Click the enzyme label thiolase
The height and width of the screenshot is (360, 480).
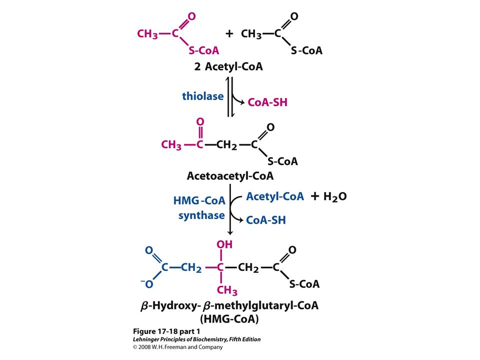[202, 96]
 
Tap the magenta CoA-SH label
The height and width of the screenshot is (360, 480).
[267, 102]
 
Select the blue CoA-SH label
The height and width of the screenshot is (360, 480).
[265, 220]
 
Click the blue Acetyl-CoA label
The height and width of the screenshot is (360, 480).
[275, 196]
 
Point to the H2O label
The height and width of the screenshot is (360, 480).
[335, 196]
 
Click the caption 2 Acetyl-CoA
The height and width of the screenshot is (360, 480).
[228, 66]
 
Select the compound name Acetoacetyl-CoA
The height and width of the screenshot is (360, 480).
[230, 176]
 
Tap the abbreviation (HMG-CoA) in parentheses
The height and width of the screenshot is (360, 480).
[229, 319]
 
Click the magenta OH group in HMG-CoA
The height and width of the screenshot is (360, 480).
[224, 244]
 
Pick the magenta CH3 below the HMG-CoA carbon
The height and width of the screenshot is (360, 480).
[227, 290]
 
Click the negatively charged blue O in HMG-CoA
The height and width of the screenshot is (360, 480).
[147, 284]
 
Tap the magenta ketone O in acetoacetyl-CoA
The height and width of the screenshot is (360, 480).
[200, 121]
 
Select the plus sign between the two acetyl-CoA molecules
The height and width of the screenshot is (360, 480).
[229, 33]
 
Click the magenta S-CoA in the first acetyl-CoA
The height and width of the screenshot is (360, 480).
[204, 50]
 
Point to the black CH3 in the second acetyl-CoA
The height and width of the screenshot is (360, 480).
[251, 34]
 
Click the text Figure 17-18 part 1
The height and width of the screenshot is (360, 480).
[166, 331]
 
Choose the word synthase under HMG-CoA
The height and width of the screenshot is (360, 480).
[201, 215]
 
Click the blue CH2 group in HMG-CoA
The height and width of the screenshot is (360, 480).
[191, 268]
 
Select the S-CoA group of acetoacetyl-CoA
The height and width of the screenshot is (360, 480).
[282, 161]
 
